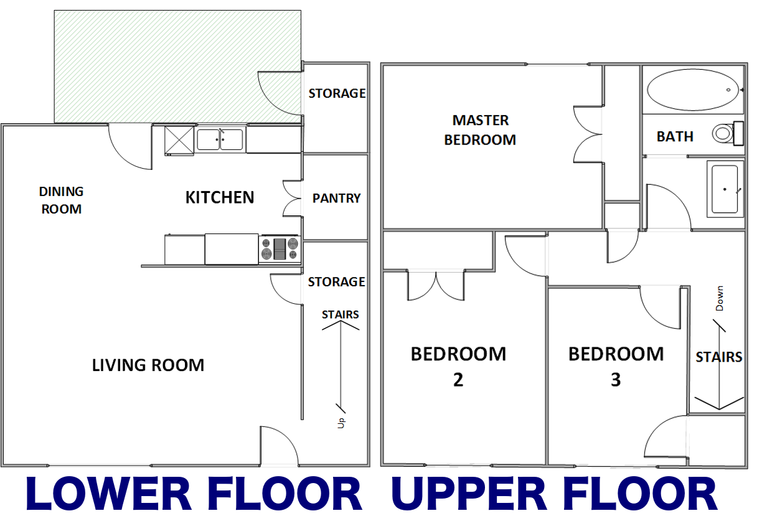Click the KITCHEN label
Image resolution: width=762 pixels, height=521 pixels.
tap(220, 198)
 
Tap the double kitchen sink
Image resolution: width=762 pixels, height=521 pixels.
tap(220, 139)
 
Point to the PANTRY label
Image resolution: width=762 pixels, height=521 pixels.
tap(336, 199)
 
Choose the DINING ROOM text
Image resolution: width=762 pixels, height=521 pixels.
tap(61, 200)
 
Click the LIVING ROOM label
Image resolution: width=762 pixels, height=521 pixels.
tap(148, 365)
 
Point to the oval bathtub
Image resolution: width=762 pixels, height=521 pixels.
tap(693, 90)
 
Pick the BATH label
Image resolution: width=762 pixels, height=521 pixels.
tap(675, 136)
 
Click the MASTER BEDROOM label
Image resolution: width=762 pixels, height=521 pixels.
tap(480, 130)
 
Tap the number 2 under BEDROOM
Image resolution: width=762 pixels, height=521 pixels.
tap(458, 380)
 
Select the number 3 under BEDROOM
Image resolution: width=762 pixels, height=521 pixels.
tap(616, 380)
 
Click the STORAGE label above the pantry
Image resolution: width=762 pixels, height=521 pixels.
tap(337, 93)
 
